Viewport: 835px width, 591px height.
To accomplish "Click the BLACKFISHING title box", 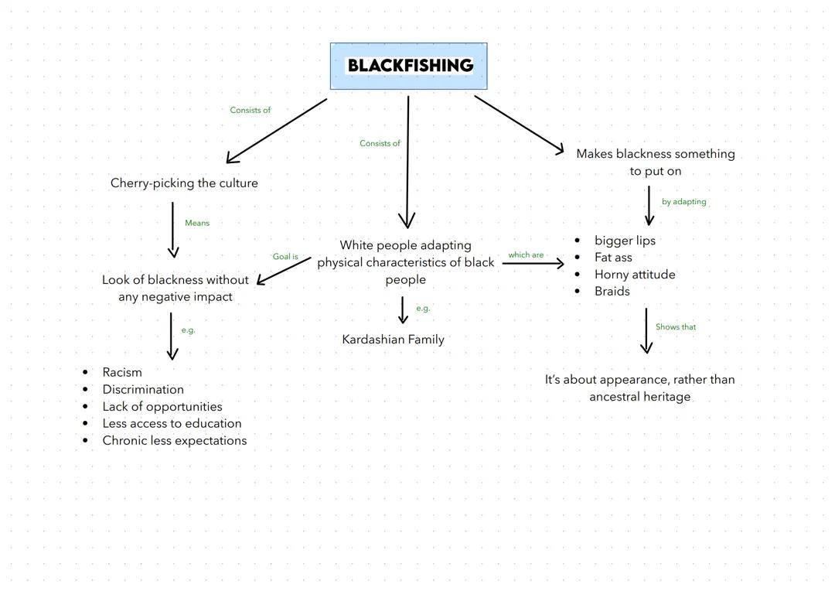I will pyautogui.click(x=409, y=66).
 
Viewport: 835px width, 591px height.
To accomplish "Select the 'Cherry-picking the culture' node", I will pyautogui.click(x=184, y=183).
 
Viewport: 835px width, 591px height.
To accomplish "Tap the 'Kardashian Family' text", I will pyautogui.click(x=393, y=339).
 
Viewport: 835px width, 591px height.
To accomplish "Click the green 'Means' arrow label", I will pyautogui.click(x=197, y=223).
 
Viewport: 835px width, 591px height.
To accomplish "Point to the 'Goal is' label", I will pyautogui.click(x=285, y=257).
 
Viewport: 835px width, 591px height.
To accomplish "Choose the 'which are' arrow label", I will pyautogui.click(x=526, y=255).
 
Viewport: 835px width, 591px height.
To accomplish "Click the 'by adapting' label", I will pyautogui.click(x=683, y=202).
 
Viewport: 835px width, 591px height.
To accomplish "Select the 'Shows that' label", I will pyautogui.click(x=676, y=327).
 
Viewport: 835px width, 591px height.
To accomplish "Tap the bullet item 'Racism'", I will pyautogui.click(x=122, y=372).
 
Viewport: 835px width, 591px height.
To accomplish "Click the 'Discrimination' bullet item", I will pyautogui.click(x=143, y=389).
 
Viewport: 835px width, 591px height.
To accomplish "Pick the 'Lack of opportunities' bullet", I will pyautogui.click(x=162, y=406).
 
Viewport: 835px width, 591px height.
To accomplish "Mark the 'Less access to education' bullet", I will pyautogui.click(x=172, y=423).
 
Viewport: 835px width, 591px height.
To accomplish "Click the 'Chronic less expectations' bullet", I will pyautogui.click(x=175, y=440).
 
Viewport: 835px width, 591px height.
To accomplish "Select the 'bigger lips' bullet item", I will pyautogui.click(x=625, y=241).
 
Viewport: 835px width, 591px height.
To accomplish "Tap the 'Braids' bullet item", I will pyautogui.click(x=612, y=292).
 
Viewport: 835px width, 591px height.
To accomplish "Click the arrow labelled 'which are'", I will pyautogui.click(x=533, y=264).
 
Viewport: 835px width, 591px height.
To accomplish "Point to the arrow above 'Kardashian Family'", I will pyautogui.click(x=402, y=309).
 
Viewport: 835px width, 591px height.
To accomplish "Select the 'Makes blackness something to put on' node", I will pyautogui.click(x=656, y=162).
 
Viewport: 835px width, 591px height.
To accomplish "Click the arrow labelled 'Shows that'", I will pyautogui.click(x=646, y=331).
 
